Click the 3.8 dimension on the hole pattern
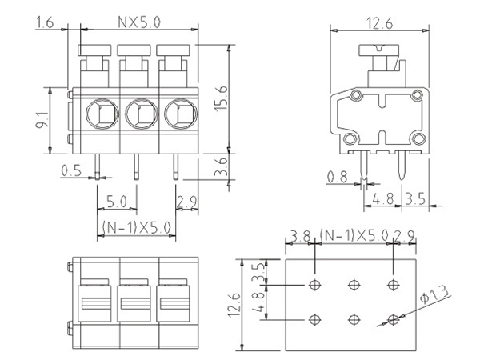(300, 236)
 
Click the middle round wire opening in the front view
(139, 114)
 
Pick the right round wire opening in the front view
(178, 114)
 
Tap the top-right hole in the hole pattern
(392, 285)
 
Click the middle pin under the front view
(135, 166)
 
